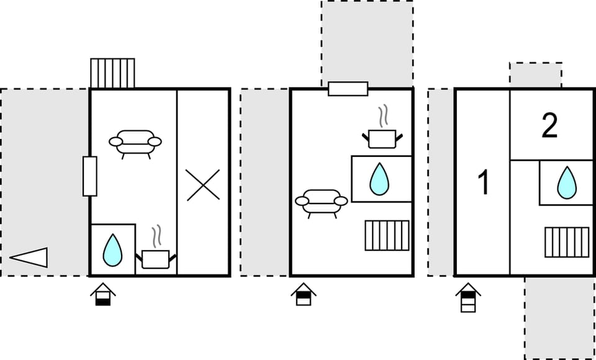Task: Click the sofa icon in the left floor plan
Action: (135, 142)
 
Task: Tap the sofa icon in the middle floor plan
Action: (321, 201)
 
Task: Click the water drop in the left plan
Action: (112, 250)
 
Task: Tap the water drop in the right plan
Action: (566, 182)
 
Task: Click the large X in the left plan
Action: (204, 185)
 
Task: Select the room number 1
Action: (483, 184)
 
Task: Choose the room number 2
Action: (549, 126)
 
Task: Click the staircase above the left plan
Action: (112, 73)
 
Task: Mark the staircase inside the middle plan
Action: (387, 235)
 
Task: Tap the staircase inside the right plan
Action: (567, 242)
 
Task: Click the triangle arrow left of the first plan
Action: (29, 257)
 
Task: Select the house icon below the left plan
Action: (102, 294)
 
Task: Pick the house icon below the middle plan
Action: (304, 294)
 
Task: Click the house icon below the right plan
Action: (468, 297)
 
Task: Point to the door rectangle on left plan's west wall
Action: (90, 176)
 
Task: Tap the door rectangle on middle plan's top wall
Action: (348, 89)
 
